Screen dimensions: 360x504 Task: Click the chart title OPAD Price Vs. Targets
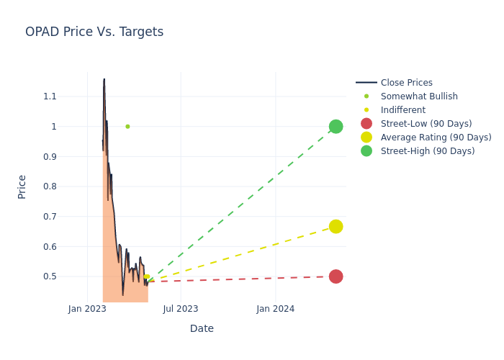94,32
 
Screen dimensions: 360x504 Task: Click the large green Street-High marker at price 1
336,127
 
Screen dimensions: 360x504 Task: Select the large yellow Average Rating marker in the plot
336,227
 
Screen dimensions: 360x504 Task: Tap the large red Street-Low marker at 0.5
336,276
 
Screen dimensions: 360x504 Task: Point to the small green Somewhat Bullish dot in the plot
127,127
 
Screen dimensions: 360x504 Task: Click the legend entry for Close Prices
406,83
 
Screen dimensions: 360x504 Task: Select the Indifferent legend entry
403,110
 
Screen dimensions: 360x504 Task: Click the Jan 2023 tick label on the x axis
87,309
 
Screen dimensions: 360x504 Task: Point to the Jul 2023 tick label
181,309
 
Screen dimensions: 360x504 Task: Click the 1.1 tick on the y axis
50,96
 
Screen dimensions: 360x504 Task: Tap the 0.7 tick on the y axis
50,217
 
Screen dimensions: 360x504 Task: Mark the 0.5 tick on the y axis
50,276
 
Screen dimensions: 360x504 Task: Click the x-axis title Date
202,328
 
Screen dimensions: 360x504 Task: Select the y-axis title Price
22,186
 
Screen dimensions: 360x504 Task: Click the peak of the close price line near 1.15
104,80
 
